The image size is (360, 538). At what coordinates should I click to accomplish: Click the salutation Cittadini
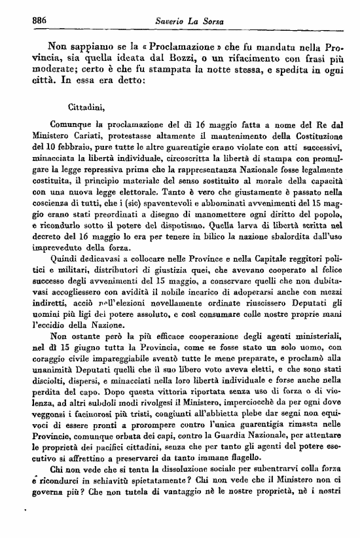click(86, 105)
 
